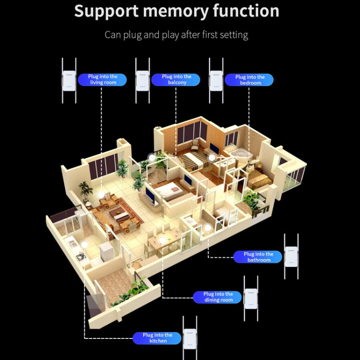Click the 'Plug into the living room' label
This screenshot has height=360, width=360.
tap(103, 80)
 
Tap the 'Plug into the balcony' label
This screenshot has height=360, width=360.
tap(176, 80)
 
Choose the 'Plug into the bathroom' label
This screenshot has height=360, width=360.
tap(258, 257)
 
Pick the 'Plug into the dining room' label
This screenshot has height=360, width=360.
tap(218, 297)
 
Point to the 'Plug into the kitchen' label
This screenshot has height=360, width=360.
tap(157, 338)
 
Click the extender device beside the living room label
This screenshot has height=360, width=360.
tap(69, 80)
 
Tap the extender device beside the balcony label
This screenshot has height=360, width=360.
tap(142, 80)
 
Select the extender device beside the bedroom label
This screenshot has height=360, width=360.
tap(216, 80)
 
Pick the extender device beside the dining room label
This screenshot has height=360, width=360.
tap(251, 297)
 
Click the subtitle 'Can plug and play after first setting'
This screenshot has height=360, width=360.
tap(176, 35)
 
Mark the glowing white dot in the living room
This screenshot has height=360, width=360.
tap(101, 193)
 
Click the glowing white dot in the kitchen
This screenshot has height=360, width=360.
tap(85, 244)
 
